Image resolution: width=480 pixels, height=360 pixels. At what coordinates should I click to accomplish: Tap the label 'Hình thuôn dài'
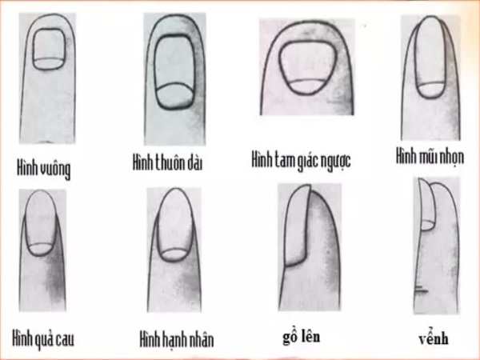coord(167,162)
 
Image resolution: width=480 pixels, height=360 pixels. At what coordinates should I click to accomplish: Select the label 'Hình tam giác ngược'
coord(301,160)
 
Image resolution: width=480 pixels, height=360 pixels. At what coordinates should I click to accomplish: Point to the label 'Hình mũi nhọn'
coord(430,156)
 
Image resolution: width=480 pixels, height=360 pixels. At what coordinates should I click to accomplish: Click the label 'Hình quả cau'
coord(43,339)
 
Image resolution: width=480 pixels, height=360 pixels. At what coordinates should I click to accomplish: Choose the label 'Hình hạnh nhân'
coord(177,339)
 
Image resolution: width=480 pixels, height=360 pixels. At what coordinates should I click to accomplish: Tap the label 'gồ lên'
coord(302,337)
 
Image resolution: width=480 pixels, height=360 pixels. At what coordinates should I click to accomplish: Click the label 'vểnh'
coord(434,338)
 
